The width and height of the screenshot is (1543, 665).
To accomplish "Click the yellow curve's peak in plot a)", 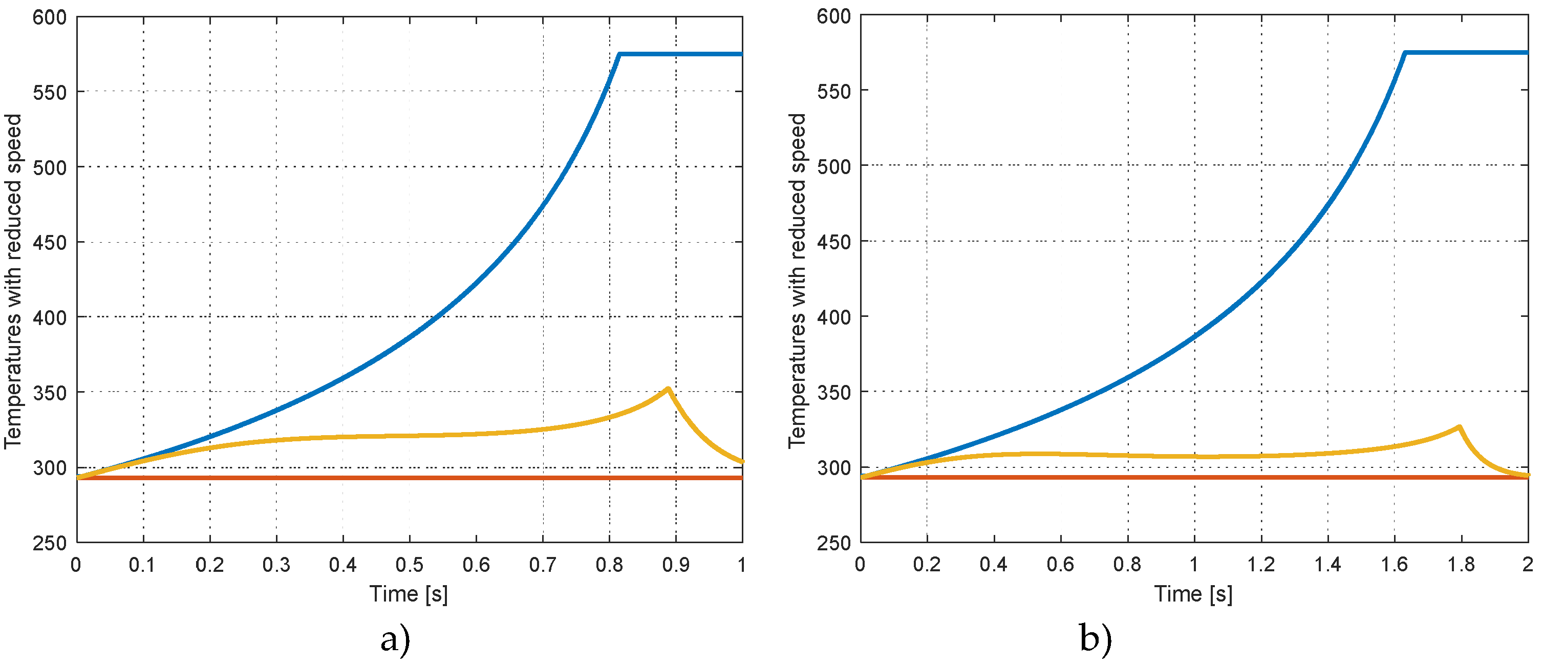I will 667,389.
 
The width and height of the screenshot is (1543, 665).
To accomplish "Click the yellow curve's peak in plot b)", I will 1460,426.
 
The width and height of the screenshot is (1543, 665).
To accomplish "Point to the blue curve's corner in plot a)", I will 619,54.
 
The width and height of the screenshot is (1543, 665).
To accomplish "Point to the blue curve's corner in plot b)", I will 1405,53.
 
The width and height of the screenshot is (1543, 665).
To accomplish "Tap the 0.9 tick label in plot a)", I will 676,564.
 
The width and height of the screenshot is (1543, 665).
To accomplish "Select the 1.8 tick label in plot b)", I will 1461,564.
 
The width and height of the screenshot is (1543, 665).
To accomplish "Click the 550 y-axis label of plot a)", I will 49,92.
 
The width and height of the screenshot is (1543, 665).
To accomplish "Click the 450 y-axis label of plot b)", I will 834,242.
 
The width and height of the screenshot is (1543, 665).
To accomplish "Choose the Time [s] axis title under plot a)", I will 409,594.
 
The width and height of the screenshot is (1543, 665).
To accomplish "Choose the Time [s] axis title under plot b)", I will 1193,594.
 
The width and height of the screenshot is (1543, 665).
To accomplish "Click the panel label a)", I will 395,639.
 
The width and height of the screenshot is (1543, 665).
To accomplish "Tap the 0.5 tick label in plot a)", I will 409,564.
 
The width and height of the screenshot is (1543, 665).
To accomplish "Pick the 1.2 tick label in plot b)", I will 1260,564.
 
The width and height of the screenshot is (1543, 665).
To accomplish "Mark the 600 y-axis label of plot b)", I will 834,16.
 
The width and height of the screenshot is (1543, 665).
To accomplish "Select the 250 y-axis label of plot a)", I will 49,543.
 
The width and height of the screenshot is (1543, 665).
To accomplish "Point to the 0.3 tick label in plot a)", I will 276,564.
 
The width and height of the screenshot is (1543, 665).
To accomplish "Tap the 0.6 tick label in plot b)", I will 1060,564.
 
